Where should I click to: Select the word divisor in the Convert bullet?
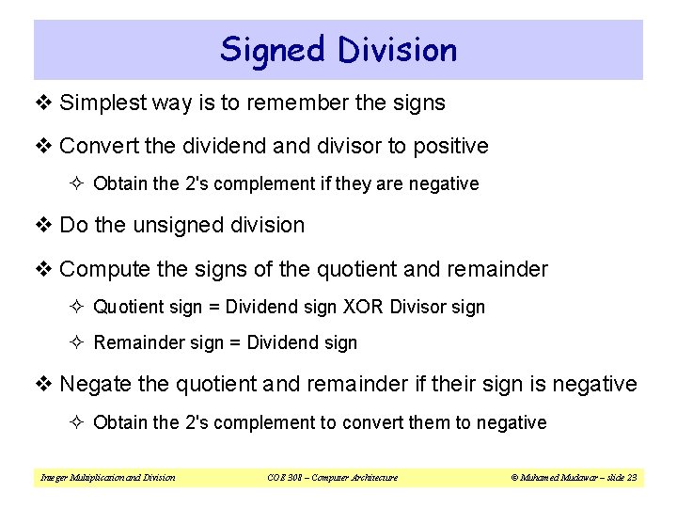point(344,147)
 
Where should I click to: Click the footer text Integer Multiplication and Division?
point(107,478)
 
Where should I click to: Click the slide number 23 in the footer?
point(631,478)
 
